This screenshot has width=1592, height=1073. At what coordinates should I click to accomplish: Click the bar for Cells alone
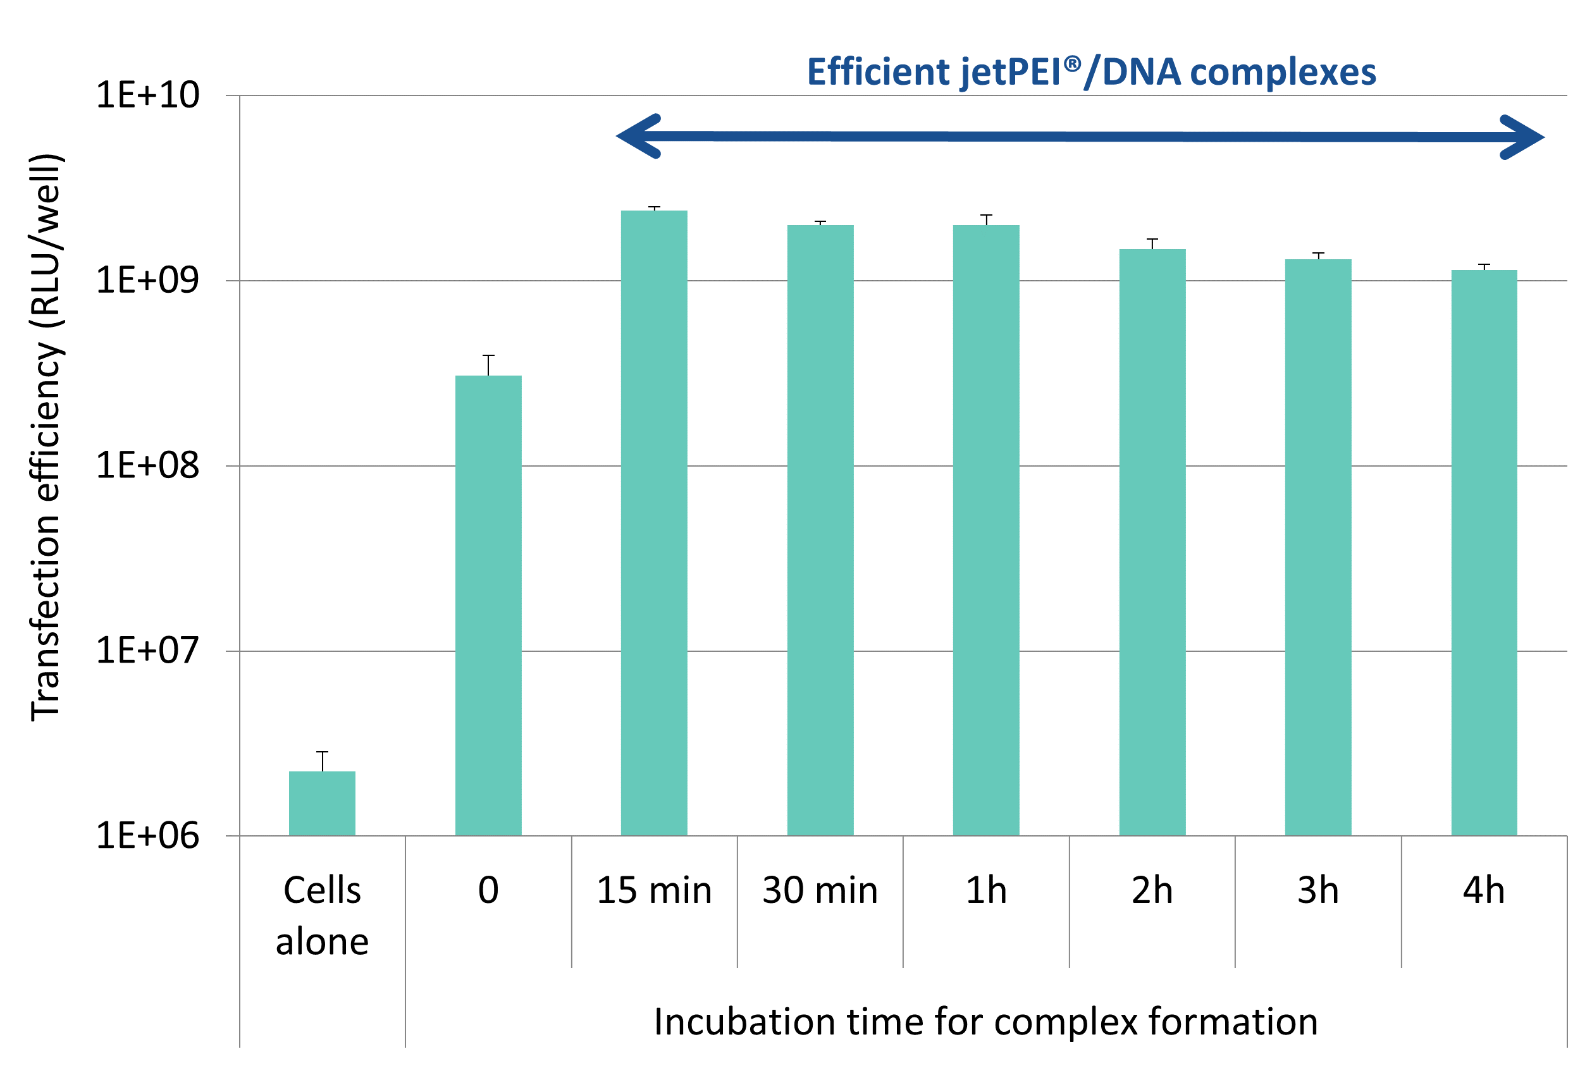point(322,804)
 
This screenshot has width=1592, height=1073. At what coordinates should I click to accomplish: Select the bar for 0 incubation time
point(488,606)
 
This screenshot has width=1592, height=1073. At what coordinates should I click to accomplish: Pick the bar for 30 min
point(820,530)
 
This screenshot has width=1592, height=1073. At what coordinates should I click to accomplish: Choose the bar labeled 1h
point(985,530)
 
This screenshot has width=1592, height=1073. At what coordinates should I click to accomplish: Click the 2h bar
point(1152,542)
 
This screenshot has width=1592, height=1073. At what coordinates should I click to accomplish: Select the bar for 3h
point(1317,548)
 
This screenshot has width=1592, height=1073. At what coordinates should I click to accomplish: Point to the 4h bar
point(1484,553)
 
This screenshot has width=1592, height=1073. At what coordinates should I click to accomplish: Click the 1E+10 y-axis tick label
point(147,94)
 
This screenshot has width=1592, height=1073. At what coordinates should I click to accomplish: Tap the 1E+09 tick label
point(147,280)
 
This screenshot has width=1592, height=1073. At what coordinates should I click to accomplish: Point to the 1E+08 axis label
point(147,465)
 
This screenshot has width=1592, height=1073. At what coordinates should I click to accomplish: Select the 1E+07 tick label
point(147,650)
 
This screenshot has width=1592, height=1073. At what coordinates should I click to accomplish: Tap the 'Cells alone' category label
point(322,916)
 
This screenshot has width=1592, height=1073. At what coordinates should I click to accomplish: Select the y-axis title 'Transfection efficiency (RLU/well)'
point(47,438)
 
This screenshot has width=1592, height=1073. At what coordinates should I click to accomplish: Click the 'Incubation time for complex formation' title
point(985,1022)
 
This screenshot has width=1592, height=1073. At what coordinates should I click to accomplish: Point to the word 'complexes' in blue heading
point(1283,73)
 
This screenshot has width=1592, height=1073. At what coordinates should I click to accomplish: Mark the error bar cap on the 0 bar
point(488,355)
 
